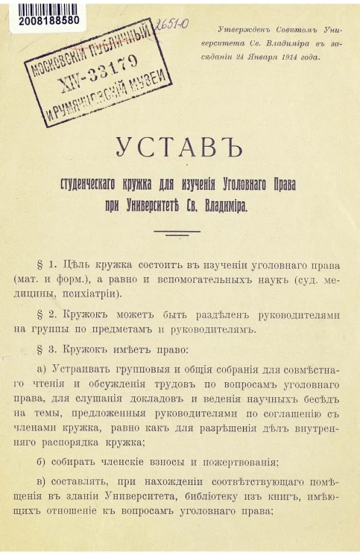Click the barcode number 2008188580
45,21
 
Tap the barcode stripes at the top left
45,8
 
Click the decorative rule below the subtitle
177,232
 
